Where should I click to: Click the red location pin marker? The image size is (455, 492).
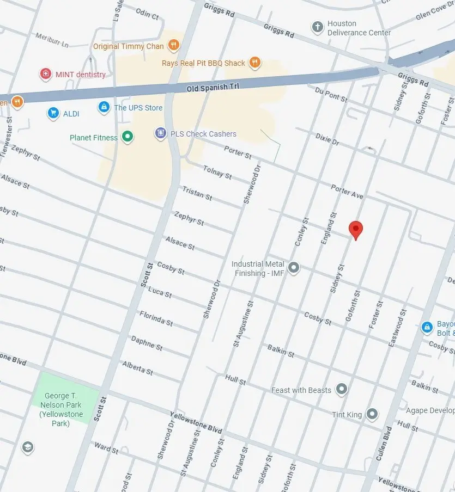[x=355, y=230]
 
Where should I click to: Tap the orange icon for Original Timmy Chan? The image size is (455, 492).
[x=173, y=46]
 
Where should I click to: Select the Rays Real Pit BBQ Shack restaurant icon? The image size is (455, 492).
[x=254, y=63]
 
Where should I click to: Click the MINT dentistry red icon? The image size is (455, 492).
[x=46, y=74]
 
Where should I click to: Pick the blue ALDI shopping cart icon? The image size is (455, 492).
[x=53, y=113]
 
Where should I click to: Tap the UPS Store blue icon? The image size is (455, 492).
[x=104, y=107]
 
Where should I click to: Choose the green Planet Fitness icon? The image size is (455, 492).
[x=128, y=137]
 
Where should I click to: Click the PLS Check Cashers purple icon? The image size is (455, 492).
[x=160, y=133]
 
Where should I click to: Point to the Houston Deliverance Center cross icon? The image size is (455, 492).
[x=317, y=27]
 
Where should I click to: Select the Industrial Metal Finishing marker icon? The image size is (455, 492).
[x=294, y=267]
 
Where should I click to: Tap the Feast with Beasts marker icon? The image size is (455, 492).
[x=342, y=389]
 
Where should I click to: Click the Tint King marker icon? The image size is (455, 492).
[x=372, y=414]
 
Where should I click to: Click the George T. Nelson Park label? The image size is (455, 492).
[x=64, y=408]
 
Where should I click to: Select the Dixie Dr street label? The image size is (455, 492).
[x=327, y=138]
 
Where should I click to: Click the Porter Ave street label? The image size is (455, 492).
[x=347, y=190]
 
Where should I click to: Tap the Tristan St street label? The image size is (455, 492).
[x=197, y=193]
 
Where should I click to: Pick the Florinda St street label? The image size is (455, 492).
[x=156, y=318]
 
